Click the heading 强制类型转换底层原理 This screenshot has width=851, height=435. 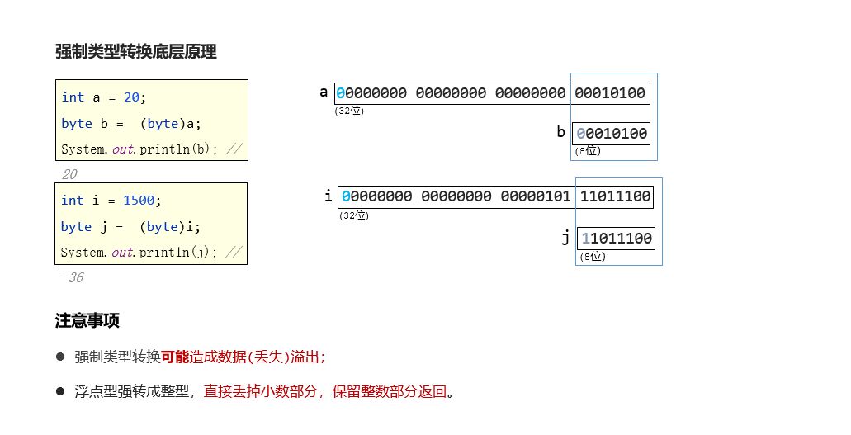[135, 52]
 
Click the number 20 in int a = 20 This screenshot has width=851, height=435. [132, 97]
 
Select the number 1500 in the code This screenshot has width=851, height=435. [138, 201]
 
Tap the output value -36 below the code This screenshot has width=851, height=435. [73, 278]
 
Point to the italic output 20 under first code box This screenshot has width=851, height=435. [69, 175]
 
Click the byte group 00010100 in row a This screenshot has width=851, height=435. [610, 93]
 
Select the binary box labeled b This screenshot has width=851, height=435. [611, 134]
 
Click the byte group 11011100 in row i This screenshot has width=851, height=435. [616, 196]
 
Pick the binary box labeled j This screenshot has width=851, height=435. [616, 239]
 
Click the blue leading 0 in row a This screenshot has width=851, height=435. [340, 93]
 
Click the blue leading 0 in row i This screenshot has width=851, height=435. [346, 196]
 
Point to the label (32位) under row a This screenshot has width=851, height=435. [349, 111]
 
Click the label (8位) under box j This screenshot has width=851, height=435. [592, 257]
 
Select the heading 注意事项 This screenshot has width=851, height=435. [87, 320]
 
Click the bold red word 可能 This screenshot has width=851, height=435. [174, 357]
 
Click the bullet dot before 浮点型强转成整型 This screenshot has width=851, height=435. [60, 390]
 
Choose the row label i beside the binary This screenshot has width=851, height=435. [329, 196]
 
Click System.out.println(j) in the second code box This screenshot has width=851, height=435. [140, 253]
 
